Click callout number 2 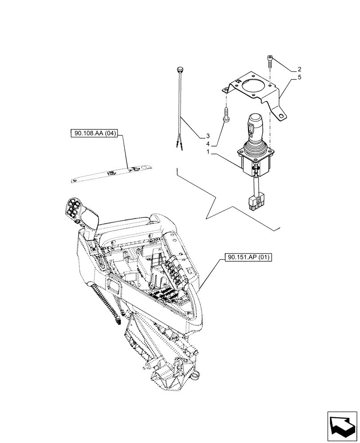click(300, 70)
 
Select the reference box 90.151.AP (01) click(244, 257)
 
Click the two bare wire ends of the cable click(180, 144)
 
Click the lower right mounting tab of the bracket click(281, 116)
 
